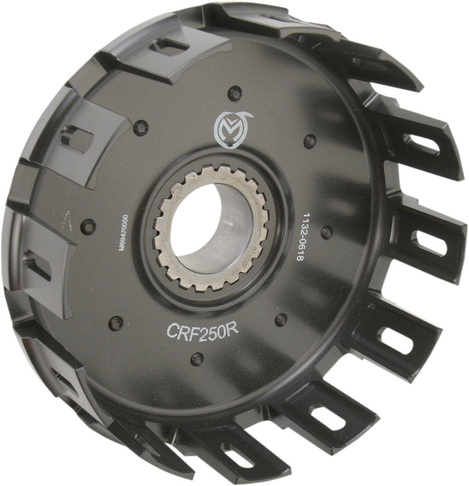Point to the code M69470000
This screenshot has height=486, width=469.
124,233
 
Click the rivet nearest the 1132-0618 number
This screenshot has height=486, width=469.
327,231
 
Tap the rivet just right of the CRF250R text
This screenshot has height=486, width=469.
280,318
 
